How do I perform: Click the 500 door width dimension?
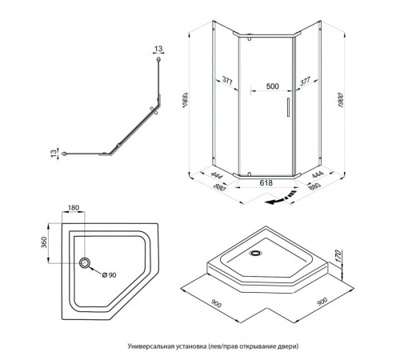coord(273,86)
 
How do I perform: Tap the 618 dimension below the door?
coord(266,182)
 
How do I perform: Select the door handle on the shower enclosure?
coord(288,107)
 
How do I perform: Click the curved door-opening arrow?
coord(282,198)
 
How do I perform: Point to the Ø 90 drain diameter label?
coord(110,275)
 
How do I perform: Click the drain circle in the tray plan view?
coord(85,263)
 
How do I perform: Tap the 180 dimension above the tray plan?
coord(74,207)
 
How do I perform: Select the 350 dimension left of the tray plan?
coord(44,242)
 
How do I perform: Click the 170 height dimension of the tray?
coord(338,256)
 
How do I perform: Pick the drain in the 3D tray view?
coord(256,253)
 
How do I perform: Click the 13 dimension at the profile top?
coord(158,49)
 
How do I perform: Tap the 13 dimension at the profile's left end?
coord(54,154)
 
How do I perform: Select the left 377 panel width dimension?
coord(227,81)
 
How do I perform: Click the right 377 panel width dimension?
coord(306,81)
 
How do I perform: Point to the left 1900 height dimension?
coord(186,100)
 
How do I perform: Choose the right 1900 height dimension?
coord(341,100)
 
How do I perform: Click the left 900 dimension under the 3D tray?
coord(216,303)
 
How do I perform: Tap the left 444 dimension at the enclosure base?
coord(217,175)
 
